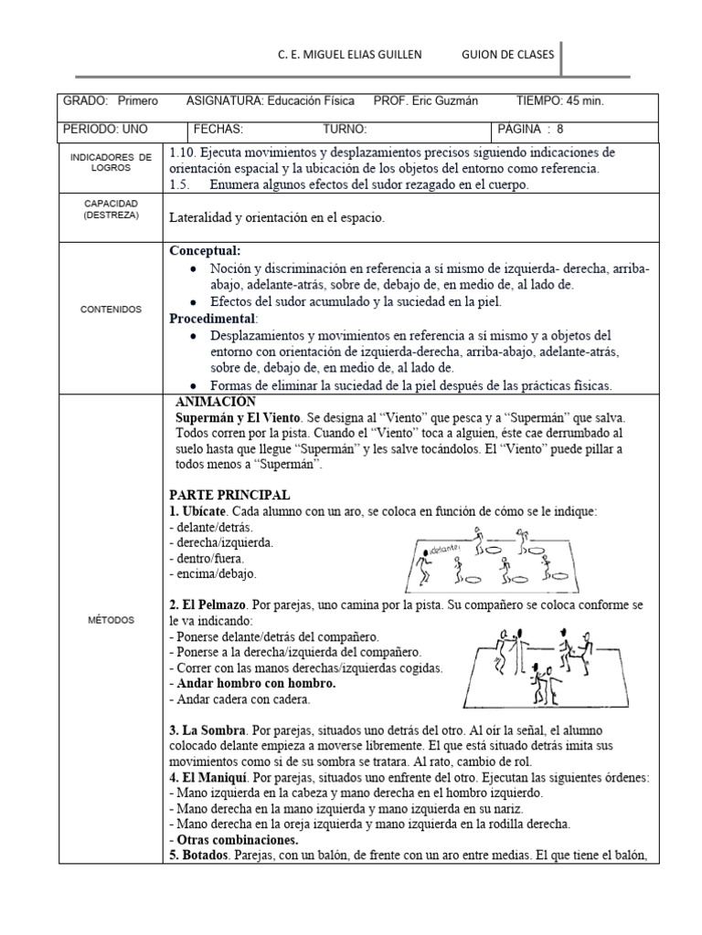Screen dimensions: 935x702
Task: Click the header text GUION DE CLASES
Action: (x=508, y=55)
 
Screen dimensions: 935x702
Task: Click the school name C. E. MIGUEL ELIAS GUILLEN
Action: (x=350, y=55)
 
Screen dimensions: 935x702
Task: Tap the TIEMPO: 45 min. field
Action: (x=559, y=100)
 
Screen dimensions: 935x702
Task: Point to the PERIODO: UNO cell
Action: (x=102, y=129)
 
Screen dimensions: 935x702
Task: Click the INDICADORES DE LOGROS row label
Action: (x=112, y=163)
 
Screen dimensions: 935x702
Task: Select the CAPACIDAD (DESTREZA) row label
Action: (x=112, y=209)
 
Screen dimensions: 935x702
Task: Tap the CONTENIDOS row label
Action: (x=112, y=310)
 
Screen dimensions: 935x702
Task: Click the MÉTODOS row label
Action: (x=112, y=620)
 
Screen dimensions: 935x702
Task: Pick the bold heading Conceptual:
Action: (x=206, y=250)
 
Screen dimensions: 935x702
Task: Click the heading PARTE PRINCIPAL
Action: (x=229, y=494)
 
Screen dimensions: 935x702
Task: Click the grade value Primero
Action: (x=138, y=100)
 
